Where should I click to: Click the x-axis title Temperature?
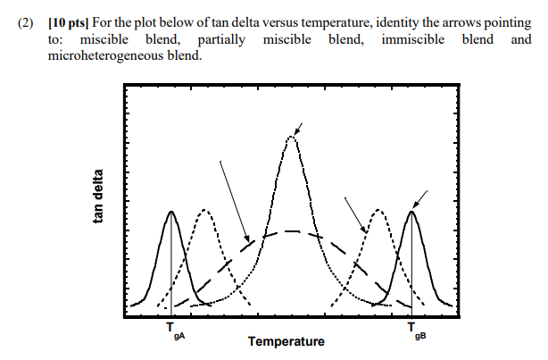286,342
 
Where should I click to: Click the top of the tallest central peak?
291,137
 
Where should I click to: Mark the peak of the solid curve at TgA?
170,212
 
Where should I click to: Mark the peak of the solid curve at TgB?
412,212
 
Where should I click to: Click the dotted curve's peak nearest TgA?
204,211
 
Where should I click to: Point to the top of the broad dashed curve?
291,231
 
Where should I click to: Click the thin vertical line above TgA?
170,268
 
